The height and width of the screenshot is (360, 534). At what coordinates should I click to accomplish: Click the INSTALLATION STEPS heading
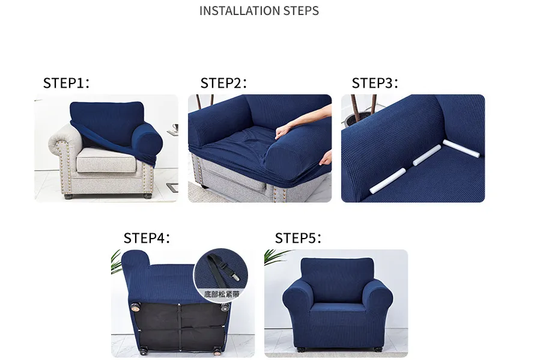pos(259,11)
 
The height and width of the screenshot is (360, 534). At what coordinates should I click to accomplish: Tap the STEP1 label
pos(66,83)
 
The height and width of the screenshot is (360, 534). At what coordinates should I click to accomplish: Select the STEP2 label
pos(223,83)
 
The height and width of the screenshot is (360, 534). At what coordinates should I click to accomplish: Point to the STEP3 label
pos(375,83)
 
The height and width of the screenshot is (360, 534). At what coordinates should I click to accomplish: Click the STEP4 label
pos(147,238)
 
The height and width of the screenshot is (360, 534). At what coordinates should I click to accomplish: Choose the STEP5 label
pos(298,238)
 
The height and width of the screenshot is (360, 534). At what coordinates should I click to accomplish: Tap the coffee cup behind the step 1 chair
pos(174,128)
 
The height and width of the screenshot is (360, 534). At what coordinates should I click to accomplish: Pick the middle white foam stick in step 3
pos(426,157)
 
